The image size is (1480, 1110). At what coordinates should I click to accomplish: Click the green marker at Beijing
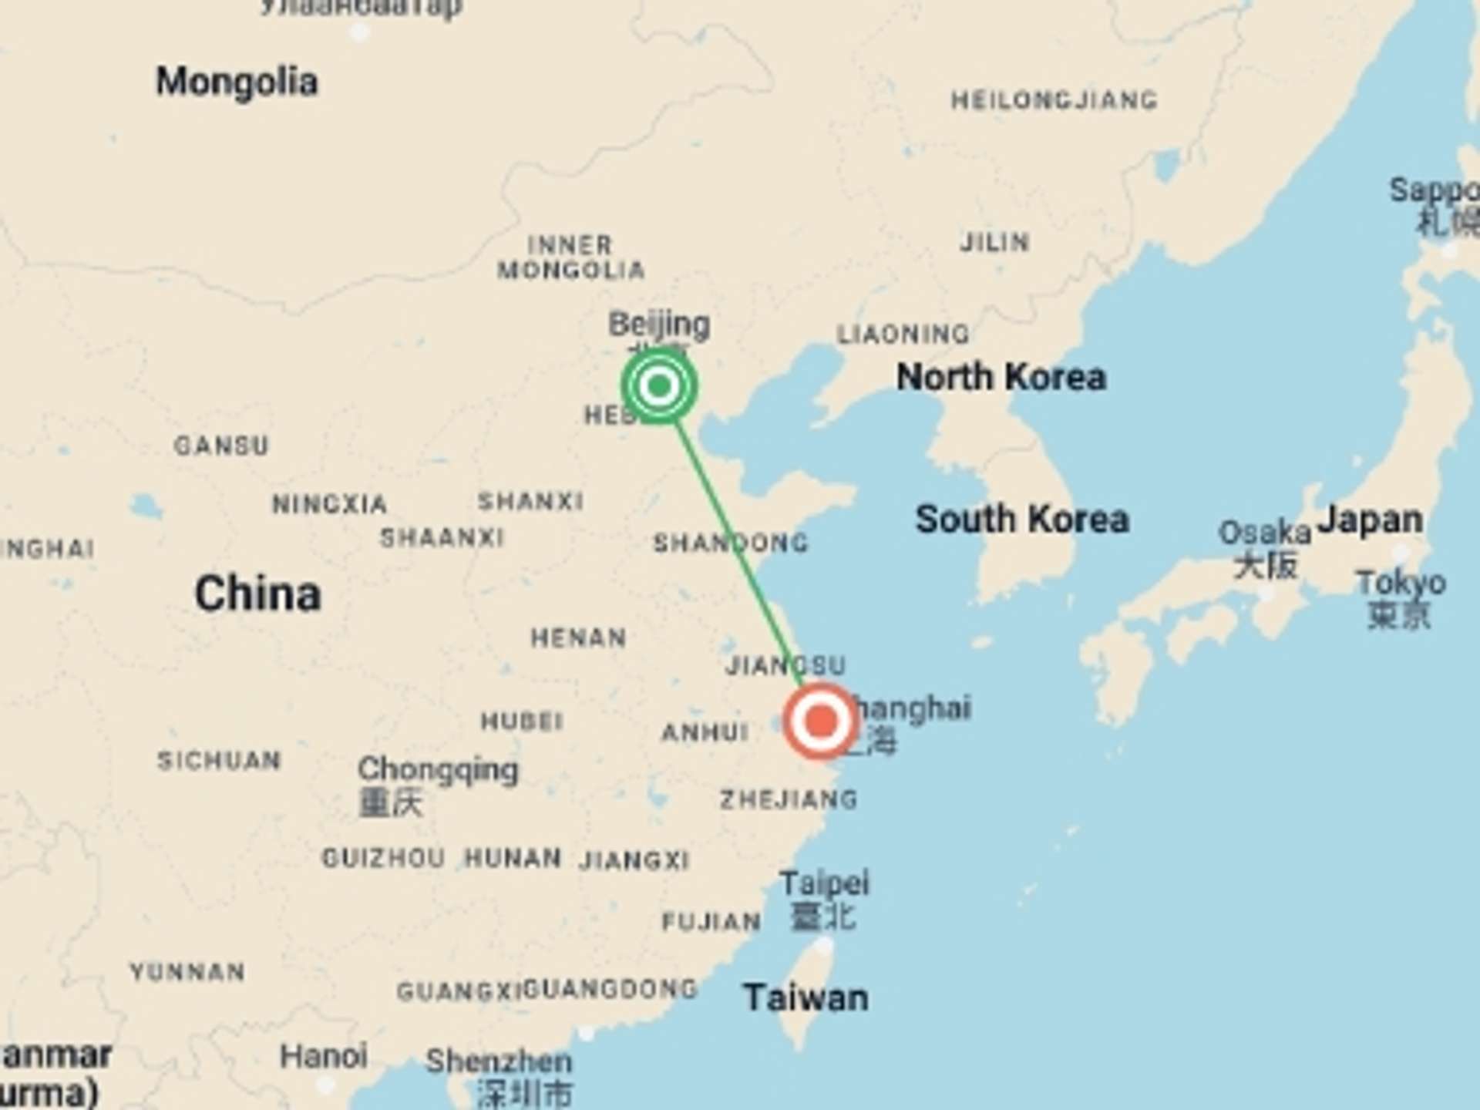coord(659,385)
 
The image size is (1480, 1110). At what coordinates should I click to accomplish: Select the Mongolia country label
coord(237,82)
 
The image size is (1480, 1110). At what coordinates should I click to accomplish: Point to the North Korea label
coord(1001,378)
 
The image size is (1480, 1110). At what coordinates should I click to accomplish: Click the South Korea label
coord(1021,520)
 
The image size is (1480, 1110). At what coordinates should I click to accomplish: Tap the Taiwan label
coord(806,998)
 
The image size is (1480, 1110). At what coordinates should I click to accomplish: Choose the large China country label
coord(257,594)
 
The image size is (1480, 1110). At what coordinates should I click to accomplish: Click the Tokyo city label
coord(1401,584)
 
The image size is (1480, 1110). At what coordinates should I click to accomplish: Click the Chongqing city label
coord(438,769)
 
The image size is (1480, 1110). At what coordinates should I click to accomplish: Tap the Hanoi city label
coord(323,1057)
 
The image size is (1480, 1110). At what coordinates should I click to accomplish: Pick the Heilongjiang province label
coord(1054,100)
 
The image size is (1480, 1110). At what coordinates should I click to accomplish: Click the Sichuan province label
coord(219,761)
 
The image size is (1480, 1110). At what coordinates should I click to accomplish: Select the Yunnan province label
coord(187,972)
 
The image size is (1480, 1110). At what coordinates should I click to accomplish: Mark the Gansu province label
coord(221,446)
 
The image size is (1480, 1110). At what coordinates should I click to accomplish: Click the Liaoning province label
coord(903,335)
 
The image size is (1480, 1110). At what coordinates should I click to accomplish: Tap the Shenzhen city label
coord(499,1061)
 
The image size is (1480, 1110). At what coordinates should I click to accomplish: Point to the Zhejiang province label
coord(788,799)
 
